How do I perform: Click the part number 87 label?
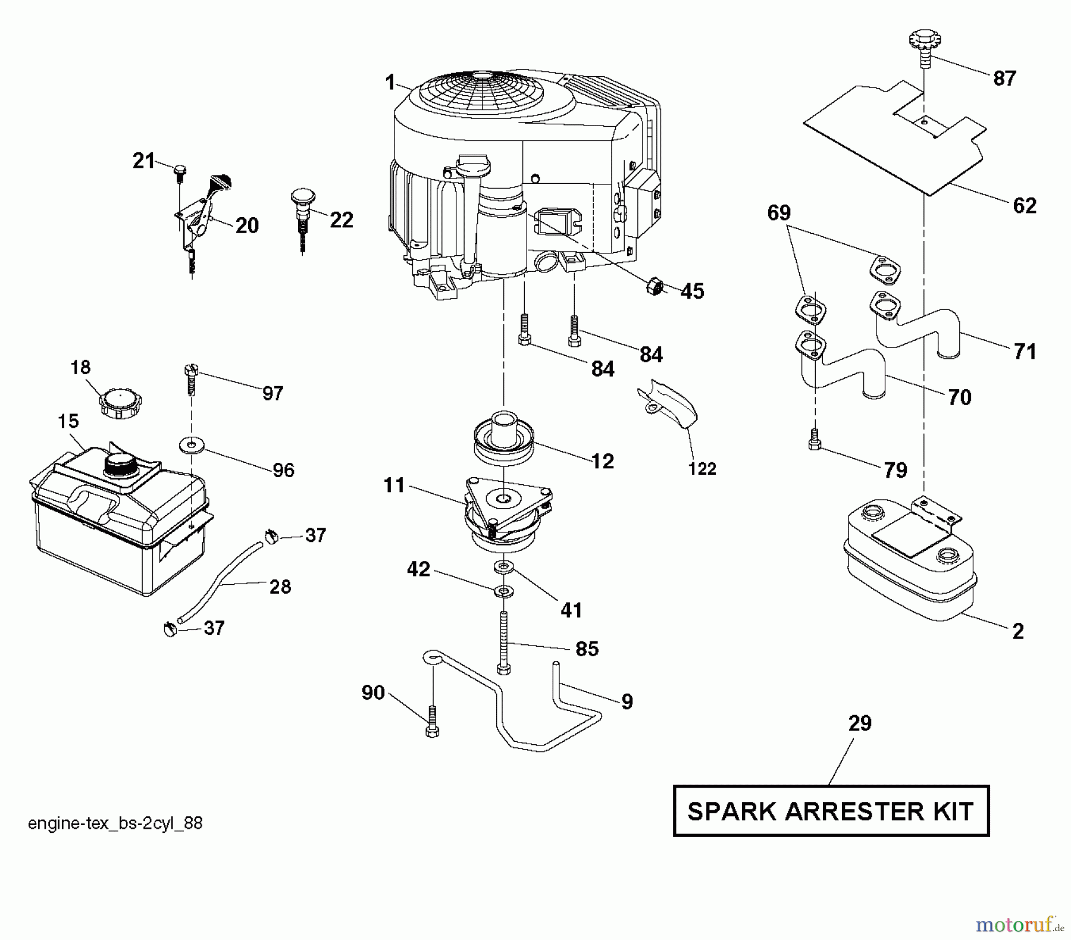click(1004, 78)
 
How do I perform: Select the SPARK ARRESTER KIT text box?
click(831, 811)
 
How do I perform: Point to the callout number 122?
click(702, 469)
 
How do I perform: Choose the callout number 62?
click(1025, 206)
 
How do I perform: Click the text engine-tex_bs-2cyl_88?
click(115, 823)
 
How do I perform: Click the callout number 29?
click(860, 723)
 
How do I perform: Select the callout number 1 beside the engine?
click(390, 82)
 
